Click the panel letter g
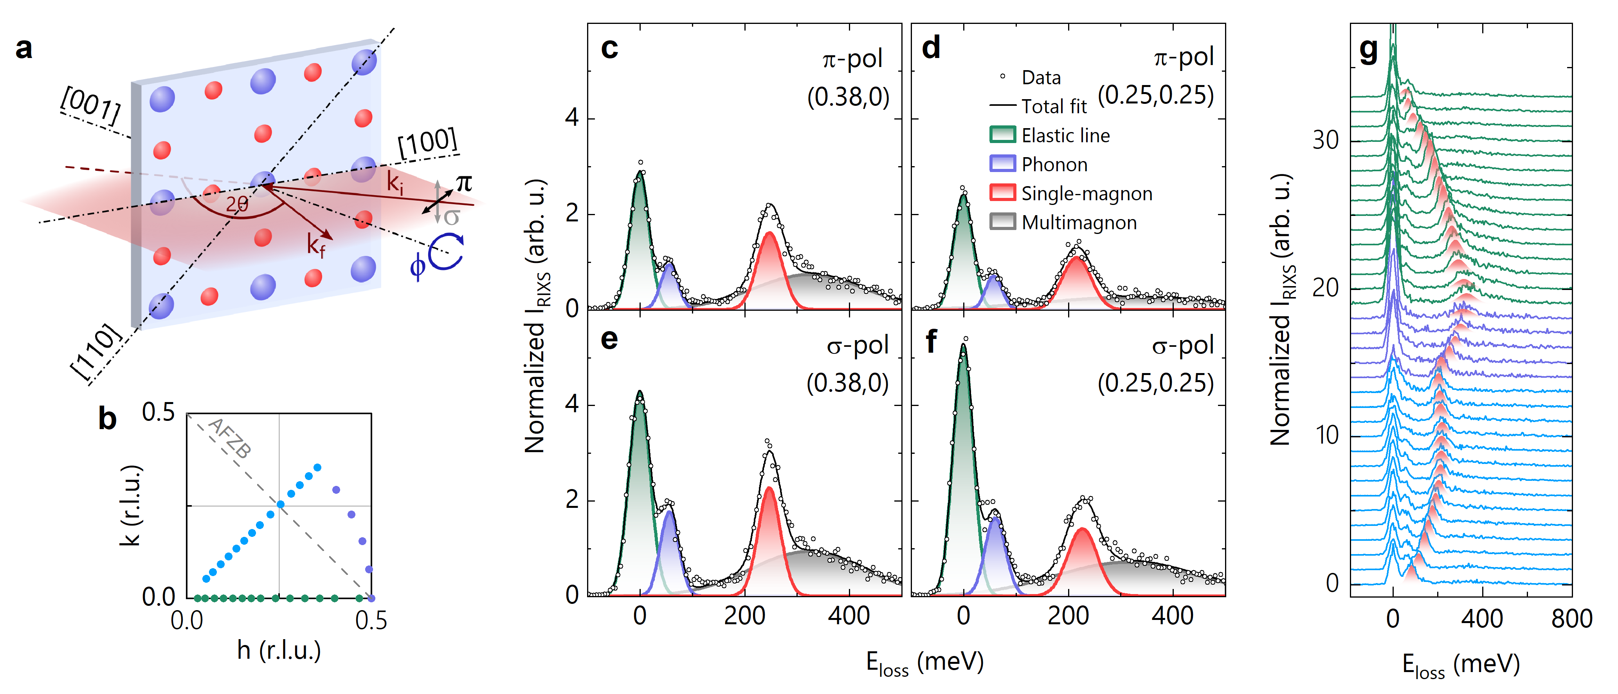[x=1368, y=50]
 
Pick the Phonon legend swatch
[x=1002, y=164]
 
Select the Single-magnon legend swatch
[x=1002, y=193]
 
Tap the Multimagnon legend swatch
[x=1002, y=222]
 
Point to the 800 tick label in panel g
[x=1571, y=619]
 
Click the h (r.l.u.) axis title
[x=279, y=651]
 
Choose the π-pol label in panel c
[x=852, y=59]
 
